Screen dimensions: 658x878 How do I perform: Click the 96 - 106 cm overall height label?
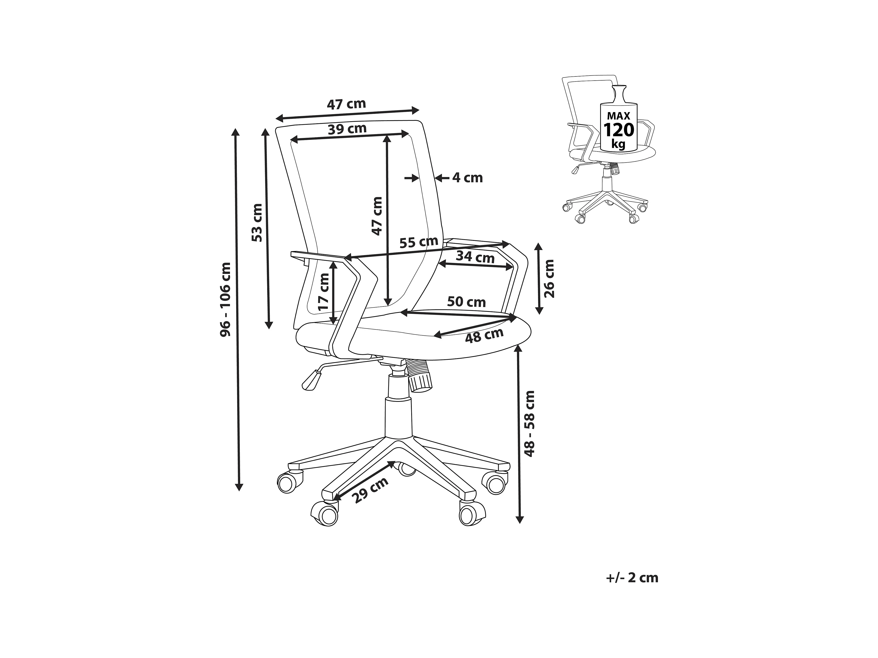click(225, 300)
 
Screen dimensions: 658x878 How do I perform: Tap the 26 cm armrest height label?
click(549, 278)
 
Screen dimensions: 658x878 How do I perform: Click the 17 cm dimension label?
click(323, 292)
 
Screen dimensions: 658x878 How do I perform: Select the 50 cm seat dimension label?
click(466, 302)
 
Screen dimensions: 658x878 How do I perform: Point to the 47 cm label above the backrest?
click(346, 104)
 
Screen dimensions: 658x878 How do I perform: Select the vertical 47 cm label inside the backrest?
click(377, 216)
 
